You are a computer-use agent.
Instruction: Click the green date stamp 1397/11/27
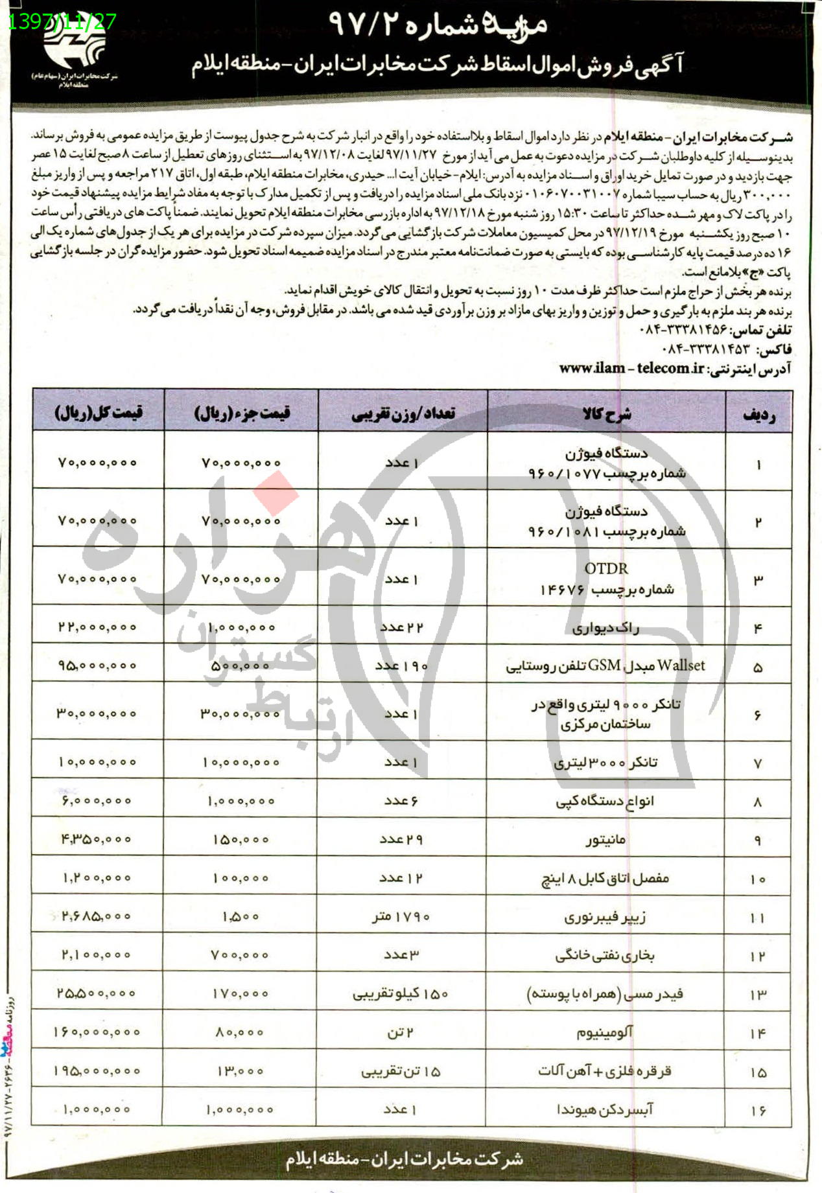pos(63,21)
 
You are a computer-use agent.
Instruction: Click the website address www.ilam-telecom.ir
pos(631,368)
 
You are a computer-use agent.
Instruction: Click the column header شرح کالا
pos(607,414)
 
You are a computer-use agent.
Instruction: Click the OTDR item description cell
pos(607,579)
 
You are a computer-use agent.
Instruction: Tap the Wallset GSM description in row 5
pos(605,666)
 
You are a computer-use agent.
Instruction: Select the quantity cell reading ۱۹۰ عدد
pos(402,666)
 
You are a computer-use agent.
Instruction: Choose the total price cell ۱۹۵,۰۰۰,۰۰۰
pos(97,1071)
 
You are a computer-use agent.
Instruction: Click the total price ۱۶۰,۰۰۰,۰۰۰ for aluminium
pos(97,1032)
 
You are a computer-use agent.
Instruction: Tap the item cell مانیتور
pos(605,840)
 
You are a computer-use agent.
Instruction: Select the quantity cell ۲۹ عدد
pos(401,839)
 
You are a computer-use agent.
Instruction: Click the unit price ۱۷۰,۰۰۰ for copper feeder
pos(241,993)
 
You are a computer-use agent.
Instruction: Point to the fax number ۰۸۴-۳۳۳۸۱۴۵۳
pos(707,349)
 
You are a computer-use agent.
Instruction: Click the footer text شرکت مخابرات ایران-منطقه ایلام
pos(405,1159)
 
